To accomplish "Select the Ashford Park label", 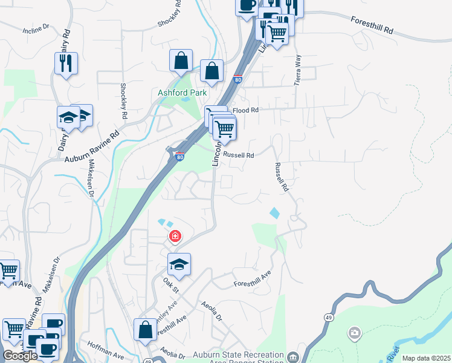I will pyautogui.click(x=182, y=93).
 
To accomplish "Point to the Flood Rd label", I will pyautogui.click(x=245, y=110).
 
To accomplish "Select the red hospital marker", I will pyautogui.click(x=175, y=235).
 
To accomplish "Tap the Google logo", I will pyautogui.click(x=20, y=356).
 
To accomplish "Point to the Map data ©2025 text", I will pyautogui.click(x=426, y=358).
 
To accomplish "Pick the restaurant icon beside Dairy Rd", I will pyautogui.click(x=66, y=62).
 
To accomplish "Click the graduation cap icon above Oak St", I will pyautogui.click(x=179, y=264).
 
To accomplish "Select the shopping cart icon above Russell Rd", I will pyautogui.click(x=224, y=129).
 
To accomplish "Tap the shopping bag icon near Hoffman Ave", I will pyautogui.click(x=145, y=330).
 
